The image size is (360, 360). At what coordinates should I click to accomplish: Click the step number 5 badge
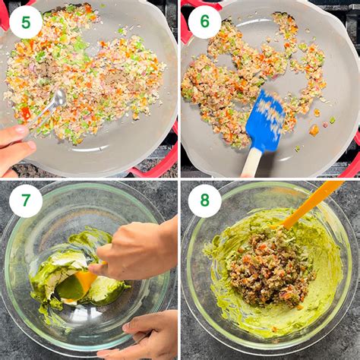pos(26,22)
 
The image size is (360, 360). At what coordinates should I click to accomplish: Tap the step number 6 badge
pos(205,21)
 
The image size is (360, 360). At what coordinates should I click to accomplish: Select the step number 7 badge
pos(26,201)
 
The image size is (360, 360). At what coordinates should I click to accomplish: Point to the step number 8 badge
pos(205,201)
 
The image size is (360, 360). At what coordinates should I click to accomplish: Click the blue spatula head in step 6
pos(266,121)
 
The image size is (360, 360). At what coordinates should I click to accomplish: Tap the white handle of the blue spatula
pos(251,163)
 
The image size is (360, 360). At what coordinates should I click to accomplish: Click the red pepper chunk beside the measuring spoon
pos(26,113)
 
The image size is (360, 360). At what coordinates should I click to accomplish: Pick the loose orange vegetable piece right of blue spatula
pos(314,130)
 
